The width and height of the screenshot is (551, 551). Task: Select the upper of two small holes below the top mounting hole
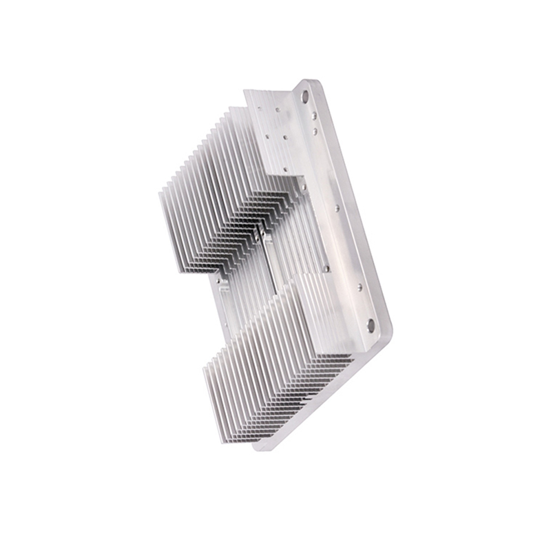click(314, 115)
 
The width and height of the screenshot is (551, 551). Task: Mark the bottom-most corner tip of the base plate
click(258, 448)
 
